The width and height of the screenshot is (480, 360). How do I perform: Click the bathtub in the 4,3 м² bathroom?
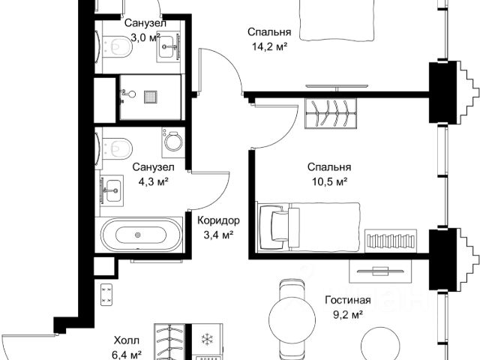pos(141,235)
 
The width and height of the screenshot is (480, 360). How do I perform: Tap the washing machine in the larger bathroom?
pos(173,142)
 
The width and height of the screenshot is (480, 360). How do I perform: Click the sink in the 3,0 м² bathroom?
pos(168,46)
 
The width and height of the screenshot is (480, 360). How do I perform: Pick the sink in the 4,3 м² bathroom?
pos(112,190)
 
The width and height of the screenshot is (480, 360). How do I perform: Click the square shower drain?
pos(151,97)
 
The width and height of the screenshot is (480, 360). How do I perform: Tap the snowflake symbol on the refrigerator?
pos(207,339)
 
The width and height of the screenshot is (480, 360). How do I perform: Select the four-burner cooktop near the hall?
pos(106,295)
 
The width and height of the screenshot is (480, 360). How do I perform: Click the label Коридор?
pos(218,220)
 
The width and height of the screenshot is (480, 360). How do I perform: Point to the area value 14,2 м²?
pos(270,46)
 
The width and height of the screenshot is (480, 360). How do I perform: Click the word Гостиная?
pos(348,300)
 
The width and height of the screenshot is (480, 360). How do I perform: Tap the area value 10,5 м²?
pos(330,181)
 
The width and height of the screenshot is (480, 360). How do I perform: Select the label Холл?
pos(127,340)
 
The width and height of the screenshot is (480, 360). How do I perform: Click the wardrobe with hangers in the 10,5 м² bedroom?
pos(331,113)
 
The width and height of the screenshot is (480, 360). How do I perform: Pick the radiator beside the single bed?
pos(391,241)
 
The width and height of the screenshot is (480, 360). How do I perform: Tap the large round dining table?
pos(292,318)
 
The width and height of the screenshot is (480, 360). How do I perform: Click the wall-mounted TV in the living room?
pos(379,271)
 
